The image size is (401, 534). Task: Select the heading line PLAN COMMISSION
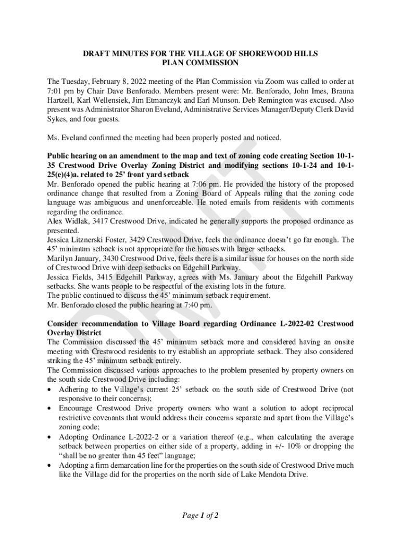200,63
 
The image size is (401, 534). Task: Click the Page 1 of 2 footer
200,516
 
